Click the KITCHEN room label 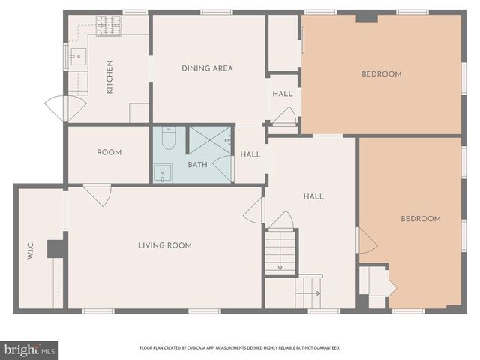tap(109, 76)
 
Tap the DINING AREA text tap(207, 68)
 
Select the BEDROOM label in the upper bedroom tap(381, 73)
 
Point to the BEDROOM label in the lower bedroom tap(420, 218)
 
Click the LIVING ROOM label tap(164, 245)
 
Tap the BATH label tap(197, 164)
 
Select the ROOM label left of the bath tap(109, 152)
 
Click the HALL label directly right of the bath tap(250, 154)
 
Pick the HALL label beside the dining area tap(283, 94)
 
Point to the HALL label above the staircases tap(313, 196)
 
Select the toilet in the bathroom tap(169, 139)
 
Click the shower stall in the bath tap(209, 140)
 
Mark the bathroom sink tap(163, 173)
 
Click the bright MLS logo tap(29, 349)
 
